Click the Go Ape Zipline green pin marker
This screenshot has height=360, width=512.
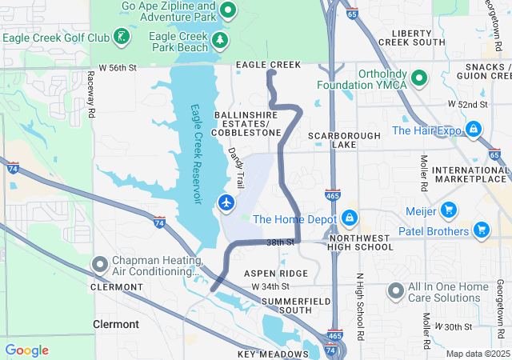227,10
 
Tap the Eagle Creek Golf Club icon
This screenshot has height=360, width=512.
120,37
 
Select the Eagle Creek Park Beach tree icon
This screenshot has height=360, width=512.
219,38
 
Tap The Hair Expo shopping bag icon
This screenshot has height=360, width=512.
474,129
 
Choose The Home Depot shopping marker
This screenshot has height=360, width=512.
349,218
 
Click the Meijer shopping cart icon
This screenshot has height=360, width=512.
449,210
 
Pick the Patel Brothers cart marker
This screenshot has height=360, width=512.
481,231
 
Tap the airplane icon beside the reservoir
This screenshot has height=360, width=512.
226,203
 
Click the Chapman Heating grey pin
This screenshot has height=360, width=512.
99,264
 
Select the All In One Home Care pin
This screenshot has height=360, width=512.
396,291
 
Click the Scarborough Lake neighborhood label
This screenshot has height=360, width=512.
344,140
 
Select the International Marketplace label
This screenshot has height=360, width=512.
470,176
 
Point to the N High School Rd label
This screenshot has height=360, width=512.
360,308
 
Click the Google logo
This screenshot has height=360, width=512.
27,350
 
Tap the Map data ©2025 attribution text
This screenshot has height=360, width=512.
477,354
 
